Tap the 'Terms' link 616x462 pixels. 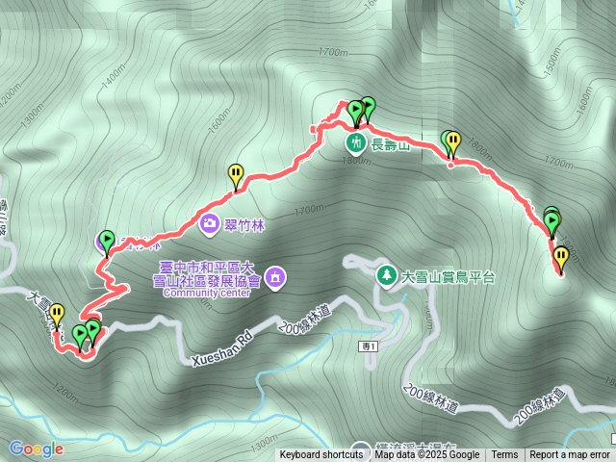click(504, 455)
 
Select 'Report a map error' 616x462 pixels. click(570, 455)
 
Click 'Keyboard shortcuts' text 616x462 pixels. click(321, 455)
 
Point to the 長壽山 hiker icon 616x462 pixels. click(357, 143)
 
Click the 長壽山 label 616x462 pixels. click(392, 146)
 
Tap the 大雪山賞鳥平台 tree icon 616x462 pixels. click(386, 274)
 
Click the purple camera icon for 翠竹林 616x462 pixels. click(210, 224)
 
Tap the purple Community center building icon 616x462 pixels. click(276, 276)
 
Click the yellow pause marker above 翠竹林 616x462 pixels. click(236, 174)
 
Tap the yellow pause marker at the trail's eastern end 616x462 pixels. click(560, 257)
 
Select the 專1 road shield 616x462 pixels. click(369, 346)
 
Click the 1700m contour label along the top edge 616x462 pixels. click(330, 52)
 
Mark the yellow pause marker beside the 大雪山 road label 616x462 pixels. click(58, 313)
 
